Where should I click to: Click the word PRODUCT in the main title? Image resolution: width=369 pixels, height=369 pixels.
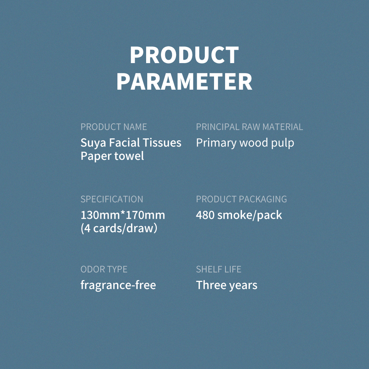coord(184,55)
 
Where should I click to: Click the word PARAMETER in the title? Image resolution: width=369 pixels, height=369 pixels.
coord(184,82)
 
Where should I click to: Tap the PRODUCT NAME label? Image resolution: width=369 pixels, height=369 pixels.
coord(114,127)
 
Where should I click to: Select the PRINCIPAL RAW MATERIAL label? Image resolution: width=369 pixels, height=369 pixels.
coord(249,127)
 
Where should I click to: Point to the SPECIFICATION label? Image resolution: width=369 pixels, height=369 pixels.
coord(112,199)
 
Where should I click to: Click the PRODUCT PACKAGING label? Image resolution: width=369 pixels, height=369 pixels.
coord(241,199)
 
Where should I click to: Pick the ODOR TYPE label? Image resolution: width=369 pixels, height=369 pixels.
coord(104,269)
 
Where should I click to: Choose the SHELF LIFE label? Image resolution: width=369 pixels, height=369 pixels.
coord(218,269)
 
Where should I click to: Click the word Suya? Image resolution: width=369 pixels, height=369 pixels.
coord(93,143)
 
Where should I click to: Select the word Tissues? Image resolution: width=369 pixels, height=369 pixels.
coord(162,142)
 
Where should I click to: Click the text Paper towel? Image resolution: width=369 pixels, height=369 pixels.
coord(112,156)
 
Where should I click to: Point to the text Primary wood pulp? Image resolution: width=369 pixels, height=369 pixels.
coord(245,143)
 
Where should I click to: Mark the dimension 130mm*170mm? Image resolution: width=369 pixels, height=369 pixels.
coord(123,215)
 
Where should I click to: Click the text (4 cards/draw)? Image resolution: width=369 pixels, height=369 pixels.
coord(119,228)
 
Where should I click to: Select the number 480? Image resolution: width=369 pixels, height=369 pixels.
coord(205,215)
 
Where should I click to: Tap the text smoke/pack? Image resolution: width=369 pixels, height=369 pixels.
coord(249,215)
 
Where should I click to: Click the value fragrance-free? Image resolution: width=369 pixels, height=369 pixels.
coord(118,285)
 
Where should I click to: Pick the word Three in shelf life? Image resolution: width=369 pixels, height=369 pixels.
coord(211,285)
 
